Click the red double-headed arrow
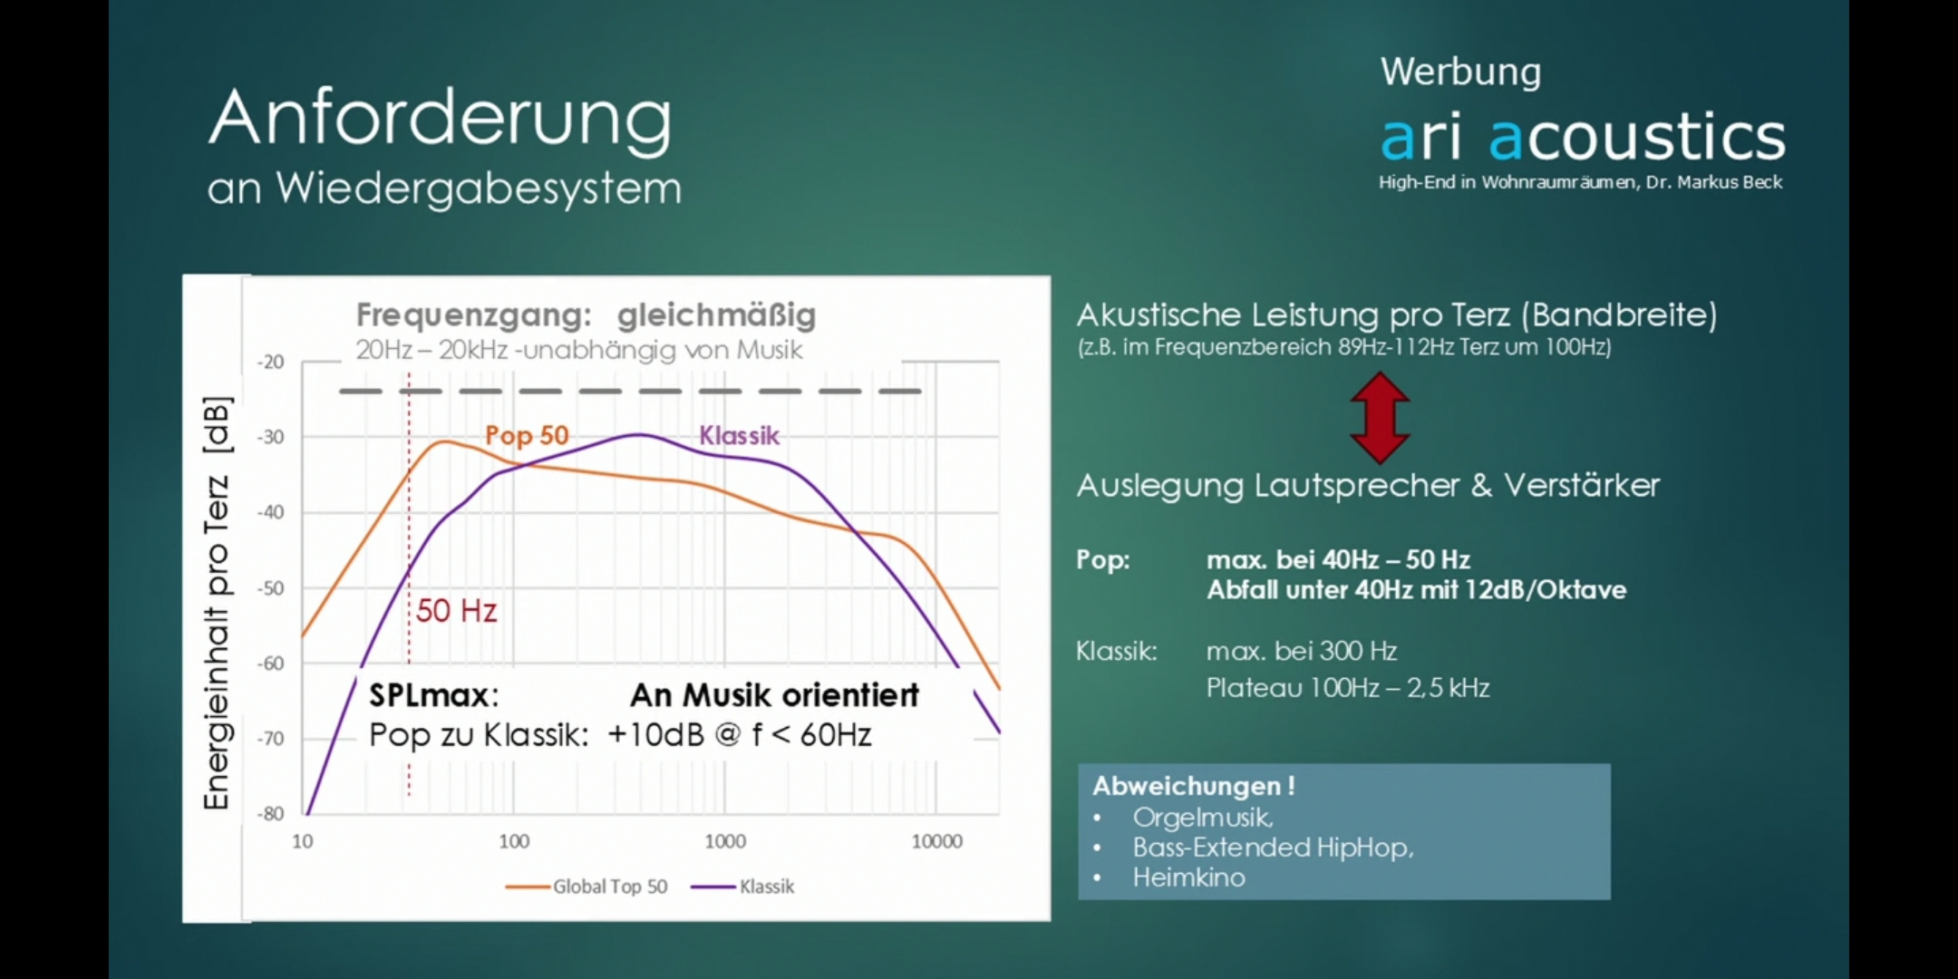(1380, 418)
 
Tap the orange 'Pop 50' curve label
(527, 435)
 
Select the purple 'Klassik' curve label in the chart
(739, 436)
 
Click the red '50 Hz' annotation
(456, 611)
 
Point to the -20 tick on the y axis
(270, 362)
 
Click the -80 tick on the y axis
(270, 813)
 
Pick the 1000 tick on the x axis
(725, 841)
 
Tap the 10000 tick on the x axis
(936, 841)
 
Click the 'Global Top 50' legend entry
(586, 887)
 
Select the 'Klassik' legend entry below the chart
(742, 887)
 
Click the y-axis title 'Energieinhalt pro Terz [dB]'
(217, 603)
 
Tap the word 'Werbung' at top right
(1460, 72)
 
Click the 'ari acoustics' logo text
(1583, 137)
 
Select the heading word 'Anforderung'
(441, 119)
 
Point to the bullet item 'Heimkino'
(1188, 877)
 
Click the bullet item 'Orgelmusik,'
(1203, 818)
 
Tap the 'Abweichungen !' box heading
(1194, 785)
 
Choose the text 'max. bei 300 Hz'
(1302, 651)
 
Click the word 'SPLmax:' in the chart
(434, 695)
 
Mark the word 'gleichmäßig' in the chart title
(716, 315)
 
